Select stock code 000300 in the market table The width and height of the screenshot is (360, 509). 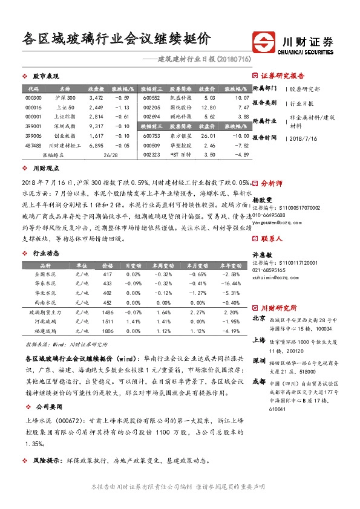34,97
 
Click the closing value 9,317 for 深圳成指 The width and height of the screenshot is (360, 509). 96,126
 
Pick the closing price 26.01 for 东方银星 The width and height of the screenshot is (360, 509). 209,136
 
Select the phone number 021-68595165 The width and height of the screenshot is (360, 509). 270,270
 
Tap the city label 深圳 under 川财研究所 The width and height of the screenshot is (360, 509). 258,360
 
